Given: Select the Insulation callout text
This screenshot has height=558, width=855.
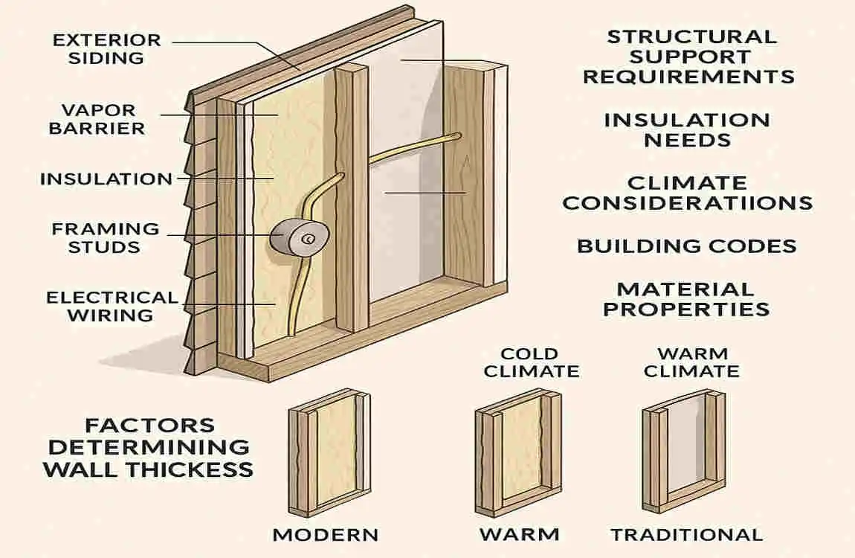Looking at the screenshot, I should click(106, 179).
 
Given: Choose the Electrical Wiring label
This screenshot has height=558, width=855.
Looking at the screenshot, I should click(112, 306).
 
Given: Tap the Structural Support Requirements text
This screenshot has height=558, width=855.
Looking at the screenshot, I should click(688, 57).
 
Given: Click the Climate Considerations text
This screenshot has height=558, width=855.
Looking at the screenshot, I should click(687, 193).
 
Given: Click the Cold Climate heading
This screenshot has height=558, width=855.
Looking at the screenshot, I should click(531, 362).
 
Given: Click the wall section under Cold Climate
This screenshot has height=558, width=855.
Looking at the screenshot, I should click(519, 454).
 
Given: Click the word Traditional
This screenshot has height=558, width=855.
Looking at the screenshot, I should click(686, 534).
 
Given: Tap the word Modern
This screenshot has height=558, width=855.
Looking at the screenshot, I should click(326, 534).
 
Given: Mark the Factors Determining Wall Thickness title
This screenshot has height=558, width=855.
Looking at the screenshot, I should click(148, 447).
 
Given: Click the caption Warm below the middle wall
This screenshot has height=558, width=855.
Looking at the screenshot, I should click(519, 534).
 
